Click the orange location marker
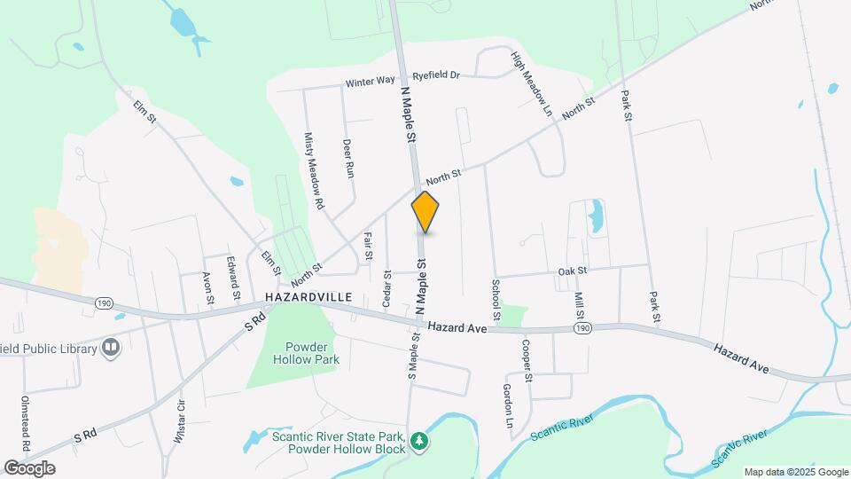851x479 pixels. (x=425, y=212)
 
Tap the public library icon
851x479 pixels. (x=110, y=348)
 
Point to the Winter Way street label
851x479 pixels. (x=371, y=82)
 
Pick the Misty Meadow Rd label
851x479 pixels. (x=313, y=171)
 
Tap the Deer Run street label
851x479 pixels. (x=348, y=158)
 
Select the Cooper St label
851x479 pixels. (x=526, y=361)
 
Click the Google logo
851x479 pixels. (x=29, y=467)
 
